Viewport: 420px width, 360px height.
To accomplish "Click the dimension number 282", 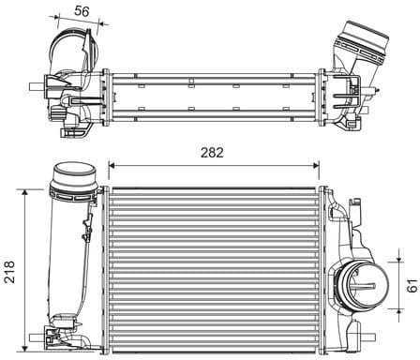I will click(x=216, y=152).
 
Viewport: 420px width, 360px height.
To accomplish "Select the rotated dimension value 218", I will click(x=10, y=271).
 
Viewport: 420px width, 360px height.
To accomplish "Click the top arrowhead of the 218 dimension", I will click(x=24, y=191).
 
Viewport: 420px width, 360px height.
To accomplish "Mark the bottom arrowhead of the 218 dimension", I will click(x=24, y=350).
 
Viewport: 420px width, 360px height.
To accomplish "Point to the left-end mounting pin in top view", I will click(x=37, y=89).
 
